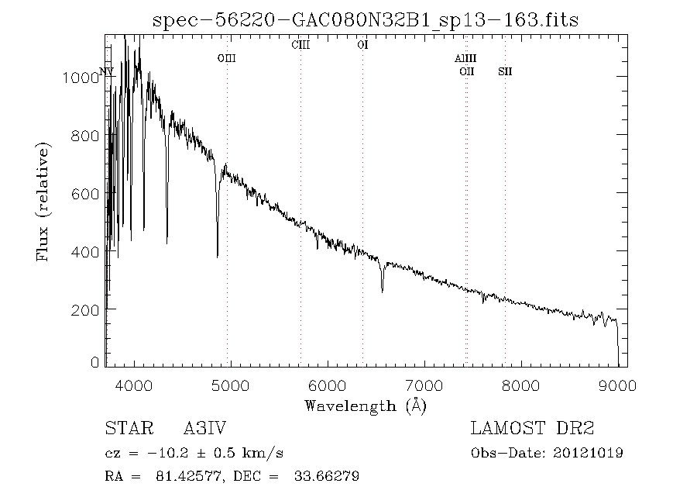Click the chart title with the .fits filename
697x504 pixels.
366,19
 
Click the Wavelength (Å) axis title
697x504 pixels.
366,406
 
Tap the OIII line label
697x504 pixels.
226,58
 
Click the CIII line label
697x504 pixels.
300,45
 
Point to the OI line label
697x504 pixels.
362,45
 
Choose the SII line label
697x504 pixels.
505,71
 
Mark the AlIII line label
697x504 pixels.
465,58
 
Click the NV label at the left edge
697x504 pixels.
107,71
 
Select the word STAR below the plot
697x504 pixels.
126,429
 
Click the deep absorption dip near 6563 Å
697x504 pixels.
383,287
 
